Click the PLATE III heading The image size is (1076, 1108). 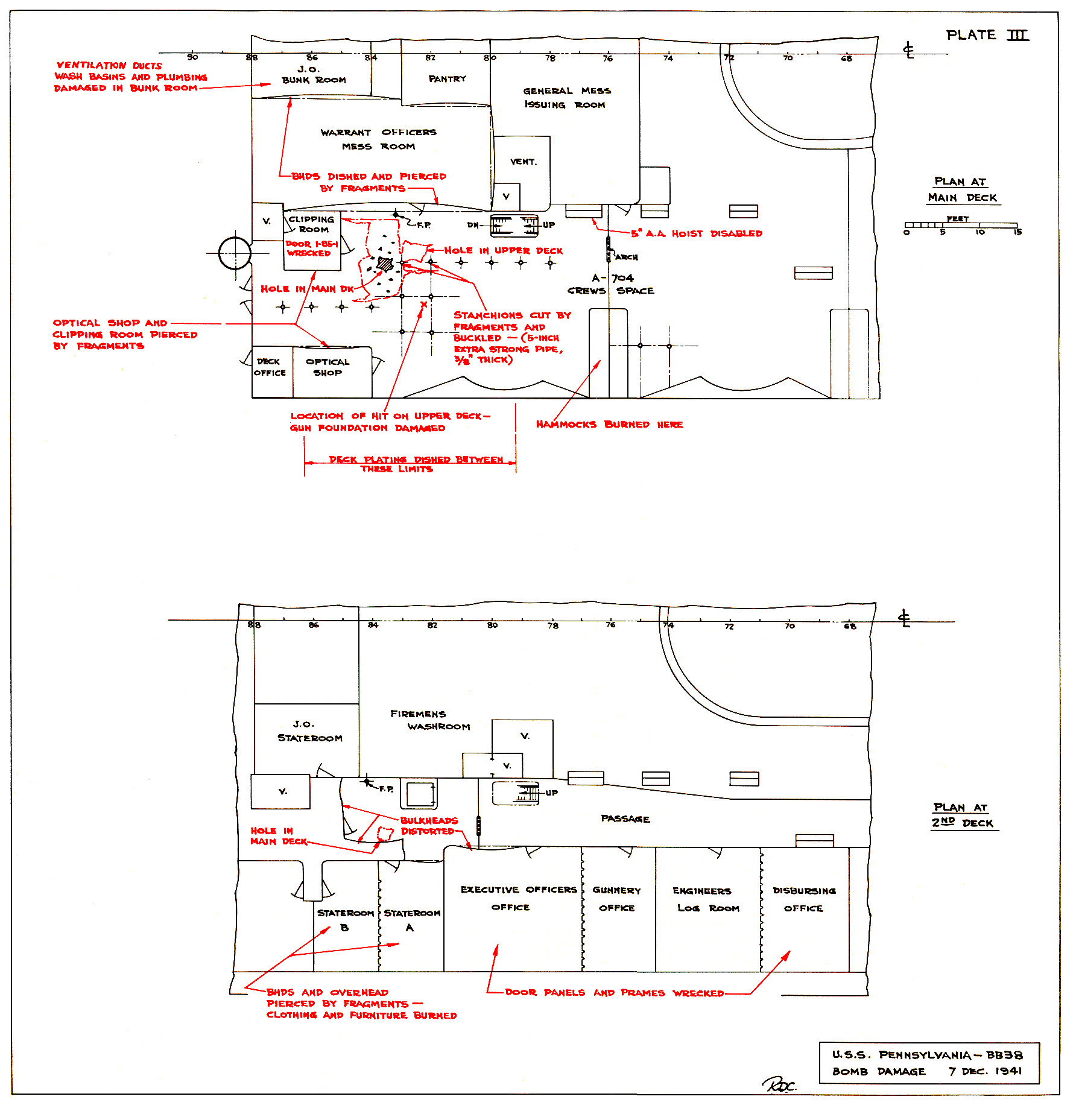[x=987, y=35]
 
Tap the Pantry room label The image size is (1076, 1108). [x=447, y=79]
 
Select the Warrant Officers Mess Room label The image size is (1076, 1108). [x=378, y=139]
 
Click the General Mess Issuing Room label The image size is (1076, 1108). [x=567, y=98]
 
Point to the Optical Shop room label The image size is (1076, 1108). [x=328, y=367]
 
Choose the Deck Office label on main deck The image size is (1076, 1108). [x=270, y=367]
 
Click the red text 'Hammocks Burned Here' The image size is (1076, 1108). [x=609, y=425]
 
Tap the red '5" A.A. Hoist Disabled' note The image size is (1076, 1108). [x=697, y=233]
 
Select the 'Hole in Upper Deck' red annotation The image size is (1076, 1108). [x=504, y=250]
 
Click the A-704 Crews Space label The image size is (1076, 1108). [x=611, y=284]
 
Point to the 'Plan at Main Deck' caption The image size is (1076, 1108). [x=963, y=189]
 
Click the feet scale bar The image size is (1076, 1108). [x=961, y=225]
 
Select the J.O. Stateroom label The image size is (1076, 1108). [x=309, y=731]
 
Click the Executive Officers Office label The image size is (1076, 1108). [x=519, y=898]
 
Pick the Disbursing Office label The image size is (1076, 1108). [x=804, y=899]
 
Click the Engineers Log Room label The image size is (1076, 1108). [x=705, y=899]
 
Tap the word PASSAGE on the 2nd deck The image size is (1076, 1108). [x=625, y=818]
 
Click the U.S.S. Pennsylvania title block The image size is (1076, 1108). [x=929, y=1063]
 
